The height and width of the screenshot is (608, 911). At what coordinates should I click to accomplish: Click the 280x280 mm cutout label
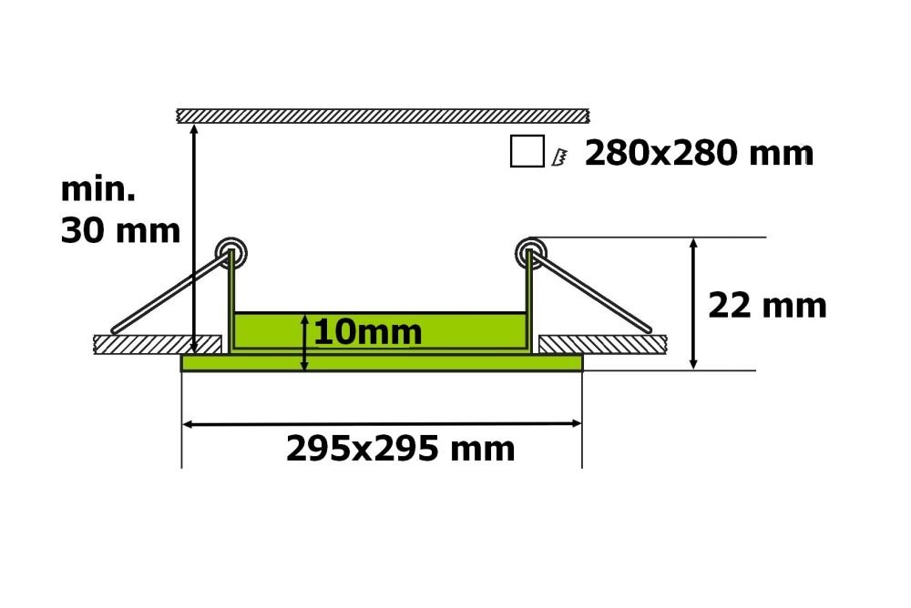[699, 153]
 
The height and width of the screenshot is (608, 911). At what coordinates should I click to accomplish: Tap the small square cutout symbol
[527, 151]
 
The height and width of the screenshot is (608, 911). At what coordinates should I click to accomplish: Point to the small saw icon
[559, 157]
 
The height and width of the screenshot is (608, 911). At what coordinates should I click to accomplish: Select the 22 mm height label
[767, 306]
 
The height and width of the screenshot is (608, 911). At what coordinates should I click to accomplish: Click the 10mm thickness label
[368, 332]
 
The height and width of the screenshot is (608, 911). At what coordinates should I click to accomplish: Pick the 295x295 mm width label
[401, 449]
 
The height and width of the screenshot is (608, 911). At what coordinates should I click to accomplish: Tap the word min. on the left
[98, 189]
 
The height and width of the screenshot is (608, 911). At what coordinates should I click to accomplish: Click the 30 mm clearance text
[120, 230]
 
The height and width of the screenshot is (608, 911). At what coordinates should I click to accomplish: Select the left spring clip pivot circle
[231, 253]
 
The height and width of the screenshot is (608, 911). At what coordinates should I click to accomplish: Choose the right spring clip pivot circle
[530, 253]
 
